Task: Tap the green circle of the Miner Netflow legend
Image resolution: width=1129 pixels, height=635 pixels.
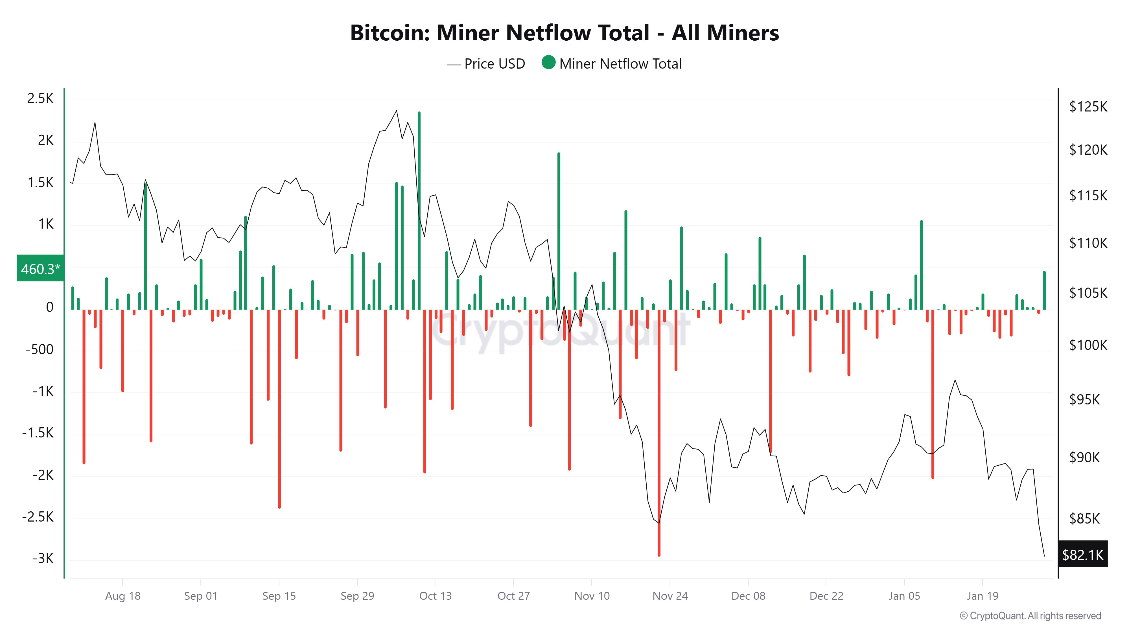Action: point(548,63)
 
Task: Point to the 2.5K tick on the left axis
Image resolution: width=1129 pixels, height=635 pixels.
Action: point(40,98)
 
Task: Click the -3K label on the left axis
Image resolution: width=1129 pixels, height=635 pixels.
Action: point(43,558)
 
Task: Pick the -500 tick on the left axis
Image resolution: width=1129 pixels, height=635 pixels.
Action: point(40,349)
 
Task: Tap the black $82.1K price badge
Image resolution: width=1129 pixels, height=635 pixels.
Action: point(1082,555)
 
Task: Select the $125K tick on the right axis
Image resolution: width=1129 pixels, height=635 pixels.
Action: point(1088,106)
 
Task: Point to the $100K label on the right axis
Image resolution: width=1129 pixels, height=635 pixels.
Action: point(1088,345)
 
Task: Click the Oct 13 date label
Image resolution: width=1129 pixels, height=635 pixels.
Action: point(435,596)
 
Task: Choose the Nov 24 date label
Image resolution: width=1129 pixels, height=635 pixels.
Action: point(670,596)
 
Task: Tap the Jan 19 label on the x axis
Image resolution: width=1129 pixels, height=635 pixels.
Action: point(983,596)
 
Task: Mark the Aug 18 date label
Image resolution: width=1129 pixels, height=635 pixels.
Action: point(123,596)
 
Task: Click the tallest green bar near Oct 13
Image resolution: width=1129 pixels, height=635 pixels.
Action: point(419,210)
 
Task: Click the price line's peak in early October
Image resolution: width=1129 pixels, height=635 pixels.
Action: point(397,111)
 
